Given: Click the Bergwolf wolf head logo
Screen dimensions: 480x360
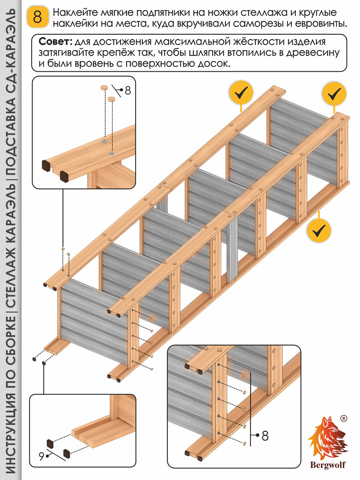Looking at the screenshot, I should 328,438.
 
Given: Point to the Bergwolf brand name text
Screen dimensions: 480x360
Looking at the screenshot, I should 328,464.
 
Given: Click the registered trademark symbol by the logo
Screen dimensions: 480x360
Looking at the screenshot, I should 343,418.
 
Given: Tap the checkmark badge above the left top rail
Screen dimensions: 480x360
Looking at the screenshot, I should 241,93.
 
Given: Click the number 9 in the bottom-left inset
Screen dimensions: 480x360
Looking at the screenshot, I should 41,454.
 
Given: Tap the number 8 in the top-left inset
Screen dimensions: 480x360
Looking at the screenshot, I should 128,91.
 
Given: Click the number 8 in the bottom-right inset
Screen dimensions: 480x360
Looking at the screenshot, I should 265,436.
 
